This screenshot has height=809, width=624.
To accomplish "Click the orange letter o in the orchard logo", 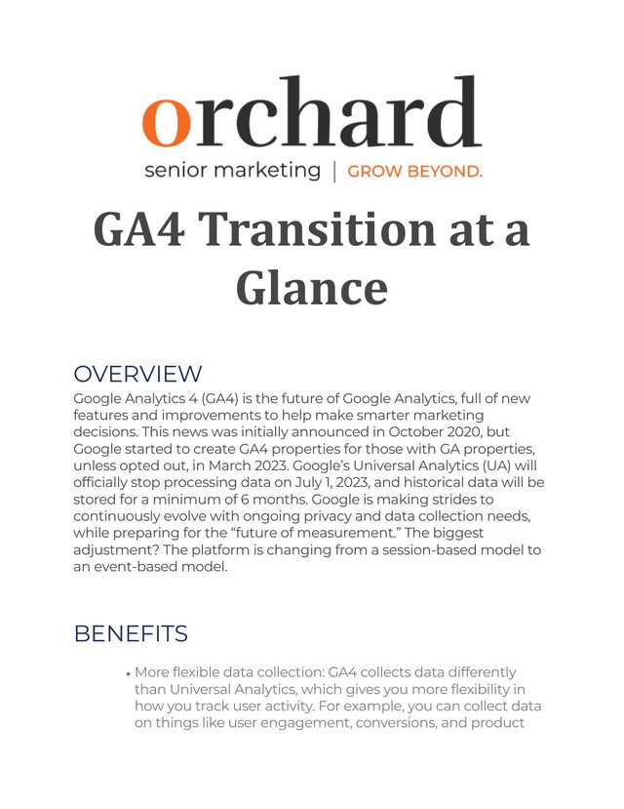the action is [166, 122].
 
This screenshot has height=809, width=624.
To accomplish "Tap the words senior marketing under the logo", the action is [232, 170].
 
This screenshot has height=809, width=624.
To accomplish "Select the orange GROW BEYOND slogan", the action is [414, 172].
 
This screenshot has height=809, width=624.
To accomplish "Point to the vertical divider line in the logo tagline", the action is [334, 172].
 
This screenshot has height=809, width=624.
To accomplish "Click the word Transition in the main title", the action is [316, 229].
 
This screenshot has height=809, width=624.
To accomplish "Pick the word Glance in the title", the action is [312, 289].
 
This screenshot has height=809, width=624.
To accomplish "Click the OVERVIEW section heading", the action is [137, 374].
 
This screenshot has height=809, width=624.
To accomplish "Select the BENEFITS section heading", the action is [131, 633].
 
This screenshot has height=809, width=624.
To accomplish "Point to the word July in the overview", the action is [308, 483].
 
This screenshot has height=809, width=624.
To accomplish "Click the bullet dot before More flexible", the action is [128, 674].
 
